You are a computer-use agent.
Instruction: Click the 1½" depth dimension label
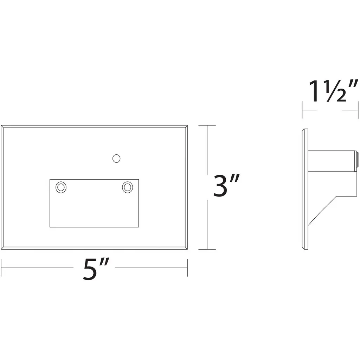point(333,91)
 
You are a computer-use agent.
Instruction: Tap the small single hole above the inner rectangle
point(116,159)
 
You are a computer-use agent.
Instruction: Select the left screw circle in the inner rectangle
point(61,187)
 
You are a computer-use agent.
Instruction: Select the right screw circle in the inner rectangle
point(127,187)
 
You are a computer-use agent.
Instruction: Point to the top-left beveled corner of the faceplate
point(2,127)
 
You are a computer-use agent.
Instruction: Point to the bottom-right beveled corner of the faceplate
point(186,248)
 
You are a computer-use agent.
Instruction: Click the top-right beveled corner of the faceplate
point(186,127)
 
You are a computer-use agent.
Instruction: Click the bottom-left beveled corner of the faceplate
point(2,248)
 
